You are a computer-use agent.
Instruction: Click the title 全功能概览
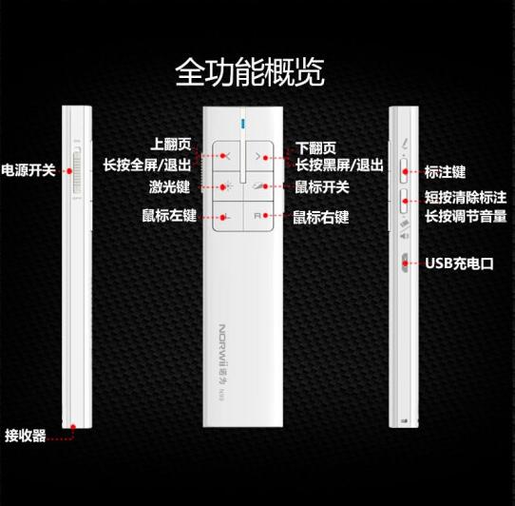pos(250,72)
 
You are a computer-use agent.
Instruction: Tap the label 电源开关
pos(29,170)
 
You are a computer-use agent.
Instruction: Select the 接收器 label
pos(26,436)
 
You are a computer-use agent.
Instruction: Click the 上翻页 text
pos(171,144)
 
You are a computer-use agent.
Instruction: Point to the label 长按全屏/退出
pos(147,165)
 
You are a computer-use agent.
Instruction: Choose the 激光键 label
pos(169,186)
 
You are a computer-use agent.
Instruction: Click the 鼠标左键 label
pos(169,215)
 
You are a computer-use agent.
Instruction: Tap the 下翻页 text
pos(315,148)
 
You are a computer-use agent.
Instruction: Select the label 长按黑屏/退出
pos(339,165)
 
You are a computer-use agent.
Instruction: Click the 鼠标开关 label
pos(322,187)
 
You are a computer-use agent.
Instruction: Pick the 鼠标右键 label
pos(321,217)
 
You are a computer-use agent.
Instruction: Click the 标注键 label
pos(445,172)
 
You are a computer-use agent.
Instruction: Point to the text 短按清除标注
pos(466,197)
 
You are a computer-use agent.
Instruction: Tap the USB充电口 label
pos(460,263)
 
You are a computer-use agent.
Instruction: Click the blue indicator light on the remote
pos(243,124)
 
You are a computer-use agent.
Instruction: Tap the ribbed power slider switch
pos(77,171)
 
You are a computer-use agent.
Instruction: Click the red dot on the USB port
pos(405,263)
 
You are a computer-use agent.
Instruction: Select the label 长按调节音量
pos(466,217)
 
